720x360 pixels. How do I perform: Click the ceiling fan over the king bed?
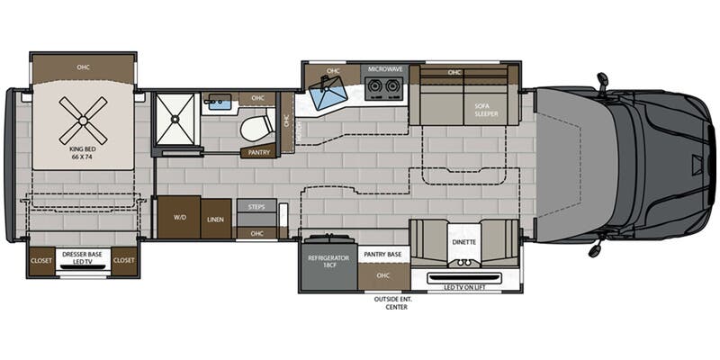tap(83, 121)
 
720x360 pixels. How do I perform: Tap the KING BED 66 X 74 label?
tap(83, 152)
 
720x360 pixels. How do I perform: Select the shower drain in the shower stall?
tap(175, 119)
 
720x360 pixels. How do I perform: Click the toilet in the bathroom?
tap(256, 128)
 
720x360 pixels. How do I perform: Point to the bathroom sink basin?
tap(220, 103)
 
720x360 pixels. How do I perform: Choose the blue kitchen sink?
tap(328, 93)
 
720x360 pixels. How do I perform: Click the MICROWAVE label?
tap(385, 69)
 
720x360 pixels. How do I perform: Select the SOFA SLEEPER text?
tap(486, 110)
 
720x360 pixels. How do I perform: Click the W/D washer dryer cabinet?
tap(179, 217)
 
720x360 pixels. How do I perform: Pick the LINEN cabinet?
tap(216, 219)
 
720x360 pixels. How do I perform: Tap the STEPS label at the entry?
tap(256, 207)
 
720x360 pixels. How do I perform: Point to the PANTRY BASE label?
tap(383, 255)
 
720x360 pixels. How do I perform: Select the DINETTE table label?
tap(463, 242)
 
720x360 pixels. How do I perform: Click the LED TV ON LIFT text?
tap(463, 287)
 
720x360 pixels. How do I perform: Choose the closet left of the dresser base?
tap(42, 260)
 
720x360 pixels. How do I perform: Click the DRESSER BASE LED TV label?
tap(83, 257)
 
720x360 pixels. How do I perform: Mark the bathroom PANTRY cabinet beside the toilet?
tap(259, 151)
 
